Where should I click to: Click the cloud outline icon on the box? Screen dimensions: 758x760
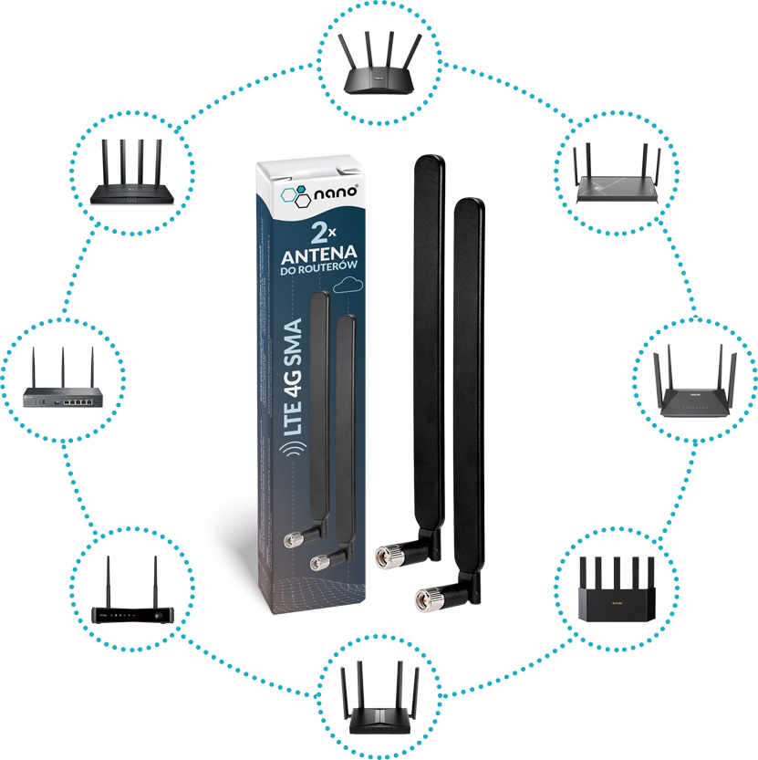348,286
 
